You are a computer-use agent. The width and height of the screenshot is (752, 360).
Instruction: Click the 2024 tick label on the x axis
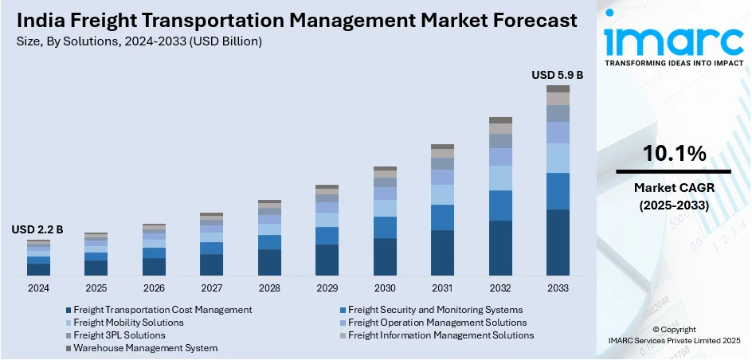pyautogui.click(x=38, y=288)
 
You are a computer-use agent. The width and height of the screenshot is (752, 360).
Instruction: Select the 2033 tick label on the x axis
pyautogui.click(x=558, y=288)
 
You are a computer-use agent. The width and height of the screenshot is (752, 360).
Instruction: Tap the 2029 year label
pyautogui.click(x=327, y=288)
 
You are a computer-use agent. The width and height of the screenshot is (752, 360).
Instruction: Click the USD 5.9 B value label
pyautogui.click(x=558, y=75)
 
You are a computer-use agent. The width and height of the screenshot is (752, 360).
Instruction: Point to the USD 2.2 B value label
pyautogui.click(x=37, y=229)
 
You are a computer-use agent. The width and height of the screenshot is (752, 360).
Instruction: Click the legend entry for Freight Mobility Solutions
pyautogui.click(x=128, y=323)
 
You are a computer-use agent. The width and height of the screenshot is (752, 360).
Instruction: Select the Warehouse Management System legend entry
pyautogui.click(x=145, y=348)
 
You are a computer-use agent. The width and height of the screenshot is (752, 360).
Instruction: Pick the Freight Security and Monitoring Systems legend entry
pyautogui.click(x=435, y=310)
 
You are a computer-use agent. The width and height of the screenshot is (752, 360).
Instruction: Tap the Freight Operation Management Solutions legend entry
pyautogui.click(x=437, y=323)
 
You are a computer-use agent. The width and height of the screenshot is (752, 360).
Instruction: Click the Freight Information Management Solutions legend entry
pyautogui.click(x=441, y=335)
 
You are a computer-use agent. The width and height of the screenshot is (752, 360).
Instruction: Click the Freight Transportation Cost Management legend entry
pyautogui.click(x=163, y=310)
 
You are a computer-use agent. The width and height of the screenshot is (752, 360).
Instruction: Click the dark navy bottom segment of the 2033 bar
pyautogui.click(x=558, y=242)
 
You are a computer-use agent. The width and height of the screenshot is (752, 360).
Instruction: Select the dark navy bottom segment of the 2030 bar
pyautogui.click(x=385, y=256)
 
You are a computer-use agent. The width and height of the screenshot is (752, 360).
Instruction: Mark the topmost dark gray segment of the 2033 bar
pyautogui.click(x=558, y=88)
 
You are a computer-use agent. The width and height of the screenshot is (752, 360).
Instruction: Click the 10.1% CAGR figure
pyautogui.click(x=673, y=154)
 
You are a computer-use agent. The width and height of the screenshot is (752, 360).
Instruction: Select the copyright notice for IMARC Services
pyautogui.click(x=673, y=335)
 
